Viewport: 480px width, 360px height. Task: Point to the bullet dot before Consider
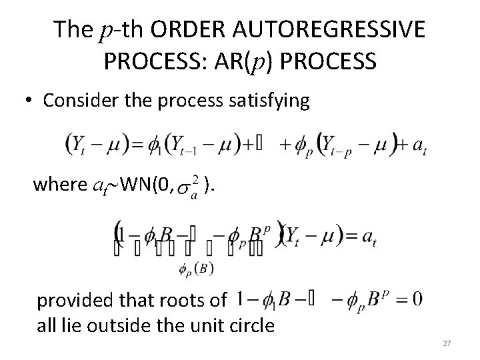27,101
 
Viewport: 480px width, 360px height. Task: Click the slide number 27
447,343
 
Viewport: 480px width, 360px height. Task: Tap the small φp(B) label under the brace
196,269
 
